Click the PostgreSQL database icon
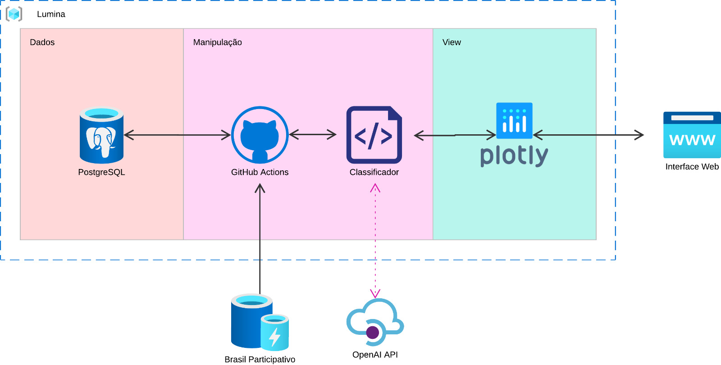pyautogui.click(x=101, y=135)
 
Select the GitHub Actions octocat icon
pyautogui.click(x=260, y=135)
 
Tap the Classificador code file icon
pyautogui.click(x=374, y=135)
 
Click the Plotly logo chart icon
pyautogui.click(x=514, y=121)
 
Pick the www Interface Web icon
pyautogui.click(x=692, y=135)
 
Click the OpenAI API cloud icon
pyautogui.click(x=375, y=322)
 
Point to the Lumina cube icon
pyautogui.click(x=14, y=14)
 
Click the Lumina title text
pyautogui.click(x=51, y=14)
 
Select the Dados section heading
pyautogui.click(x=42, y=42)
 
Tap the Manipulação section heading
pyautogui.click(x=218, y=42)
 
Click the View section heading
pyautogui.click(x=452, y=42)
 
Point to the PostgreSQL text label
pyautogui.click(x=101, y=172)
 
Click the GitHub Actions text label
pyautogui.click(x=260, y=172)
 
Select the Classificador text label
pyautogui.click(x=374, y=172)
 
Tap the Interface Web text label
pyautogui.click(x=692, y=167)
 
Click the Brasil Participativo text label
pyautogui.click(x=260, y=359)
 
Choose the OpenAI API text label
pyautogui.click(x=375, y=355)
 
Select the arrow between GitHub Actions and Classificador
pyautogui.click(x=313, y=134)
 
